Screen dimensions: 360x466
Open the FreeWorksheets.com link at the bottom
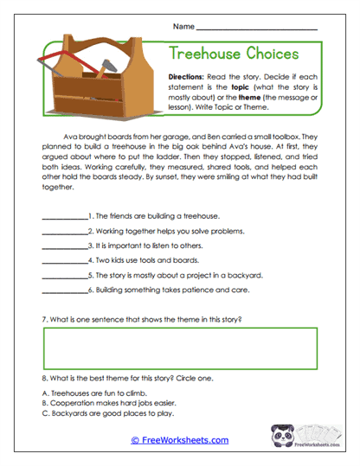click(x=179, y=440)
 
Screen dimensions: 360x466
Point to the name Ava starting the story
click(x=72, y=137)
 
